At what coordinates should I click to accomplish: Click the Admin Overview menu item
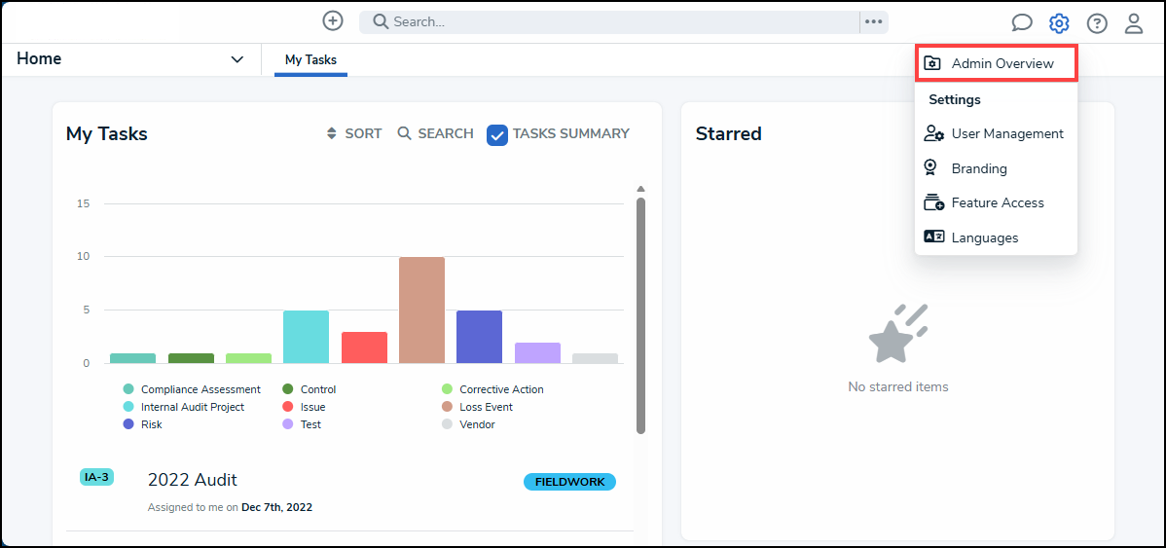coord(996,63)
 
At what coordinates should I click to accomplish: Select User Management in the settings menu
coord(995,133)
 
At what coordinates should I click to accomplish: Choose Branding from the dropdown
coord(978,168)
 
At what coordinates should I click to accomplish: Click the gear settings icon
coord(1059,23)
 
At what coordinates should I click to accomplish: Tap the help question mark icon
coord(1097,23)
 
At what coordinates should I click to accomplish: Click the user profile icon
coord(1134,23)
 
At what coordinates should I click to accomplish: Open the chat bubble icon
coord(1022,23)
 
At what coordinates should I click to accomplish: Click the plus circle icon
coord(333,20)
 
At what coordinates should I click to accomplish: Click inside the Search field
coord(613,21)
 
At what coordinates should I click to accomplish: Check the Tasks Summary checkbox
coord(497,135)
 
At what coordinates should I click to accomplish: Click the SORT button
coord(354,133)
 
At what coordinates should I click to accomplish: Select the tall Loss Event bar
coord(421,310)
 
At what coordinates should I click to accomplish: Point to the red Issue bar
coord(364,347)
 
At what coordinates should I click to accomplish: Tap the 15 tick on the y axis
coord(84,203)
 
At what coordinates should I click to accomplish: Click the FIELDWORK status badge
coord(569,482)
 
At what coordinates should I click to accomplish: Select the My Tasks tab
coord(310,59)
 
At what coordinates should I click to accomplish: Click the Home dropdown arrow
coord(237,59)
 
